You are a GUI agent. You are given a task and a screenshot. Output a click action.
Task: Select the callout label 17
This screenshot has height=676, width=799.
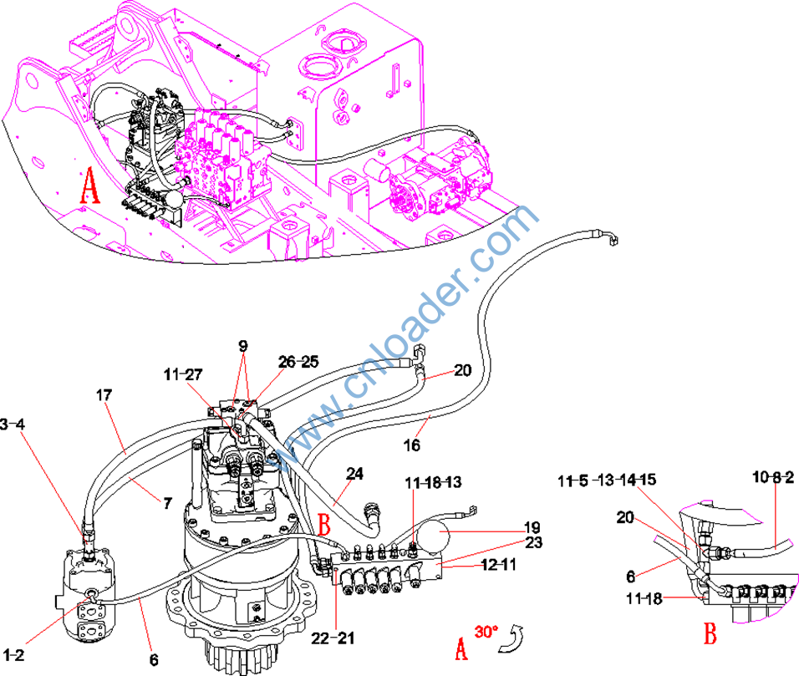click(x=104, y=394)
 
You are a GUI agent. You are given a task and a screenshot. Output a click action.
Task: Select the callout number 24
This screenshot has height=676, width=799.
click(x=355, y=475)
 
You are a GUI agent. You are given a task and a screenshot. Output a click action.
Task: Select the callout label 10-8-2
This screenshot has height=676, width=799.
click(x=772, y=476)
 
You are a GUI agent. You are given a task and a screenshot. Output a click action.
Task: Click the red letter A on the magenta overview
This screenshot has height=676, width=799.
click(x=89, y=186)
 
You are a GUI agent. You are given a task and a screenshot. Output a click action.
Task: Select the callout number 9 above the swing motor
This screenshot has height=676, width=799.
click(x=242, y=345)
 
